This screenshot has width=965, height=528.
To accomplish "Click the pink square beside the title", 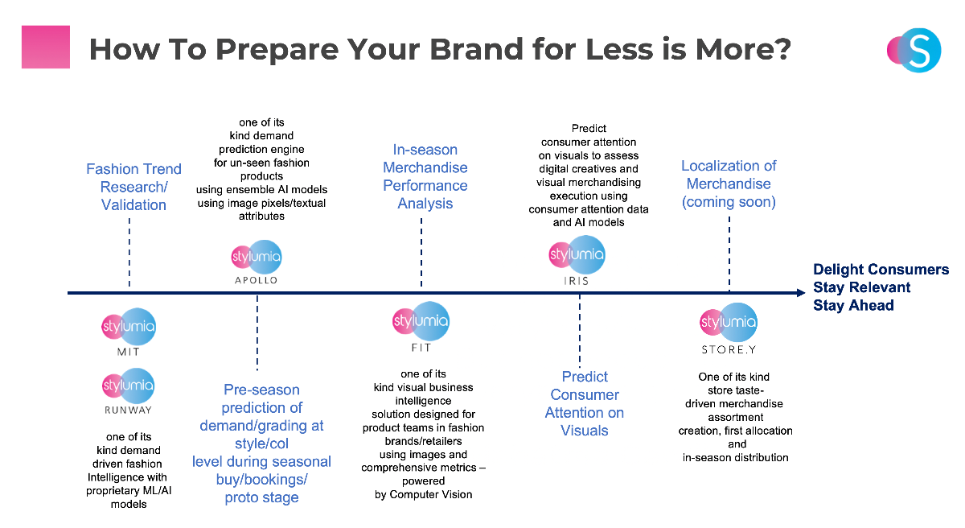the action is tap(46, 47).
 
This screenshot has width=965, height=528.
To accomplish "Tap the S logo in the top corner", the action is tap(914, 50).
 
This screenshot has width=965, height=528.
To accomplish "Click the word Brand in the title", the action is tap(476, 49).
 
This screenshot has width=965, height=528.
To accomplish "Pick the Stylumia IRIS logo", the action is tap(577, 260).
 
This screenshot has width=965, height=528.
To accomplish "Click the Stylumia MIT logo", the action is tap(129, 332).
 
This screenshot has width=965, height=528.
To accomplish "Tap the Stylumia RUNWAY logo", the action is tap(128, 391).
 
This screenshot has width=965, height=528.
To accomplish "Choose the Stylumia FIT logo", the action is tap(421, 327).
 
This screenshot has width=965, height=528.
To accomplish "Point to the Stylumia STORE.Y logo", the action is tap(728, 328).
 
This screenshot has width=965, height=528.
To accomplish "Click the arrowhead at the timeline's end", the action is tap(801, 293).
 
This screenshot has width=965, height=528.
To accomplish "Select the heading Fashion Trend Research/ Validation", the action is tap(133, 187).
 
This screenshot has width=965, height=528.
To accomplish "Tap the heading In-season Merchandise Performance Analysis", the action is tap(425, 176).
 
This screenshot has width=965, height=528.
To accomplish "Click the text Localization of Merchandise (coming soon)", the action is tap(729, 184).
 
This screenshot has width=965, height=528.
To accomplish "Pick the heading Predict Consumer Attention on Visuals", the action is tap(584, 403).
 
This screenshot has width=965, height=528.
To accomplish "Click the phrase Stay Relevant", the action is tap(861, 287).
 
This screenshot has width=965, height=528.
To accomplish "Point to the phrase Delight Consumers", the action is tap(881, 270).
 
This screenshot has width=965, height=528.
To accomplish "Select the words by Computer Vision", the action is tap(424, 494).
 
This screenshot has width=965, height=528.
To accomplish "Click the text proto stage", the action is tap(261, 497).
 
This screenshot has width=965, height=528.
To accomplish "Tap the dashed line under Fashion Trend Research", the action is tap(129, 252).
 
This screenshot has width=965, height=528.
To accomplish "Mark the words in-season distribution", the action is tap(735, 457).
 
